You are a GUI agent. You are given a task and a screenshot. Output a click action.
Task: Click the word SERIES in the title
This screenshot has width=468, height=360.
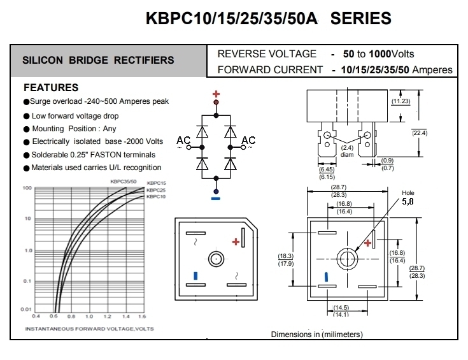360,19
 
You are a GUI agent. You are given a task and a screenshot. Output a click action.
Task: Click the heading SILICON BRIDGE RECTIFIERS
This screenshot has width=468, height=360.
98,61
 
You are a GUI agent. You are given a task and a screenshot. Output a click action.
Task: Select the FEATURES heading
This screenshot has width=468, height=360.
51,88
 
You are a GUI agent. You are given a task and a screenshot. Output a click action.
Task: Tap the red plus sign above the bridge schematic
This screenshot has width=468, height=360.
216,93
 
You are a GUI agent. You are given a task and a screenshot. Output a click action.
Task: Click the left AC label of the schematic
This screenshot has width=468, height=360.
183,141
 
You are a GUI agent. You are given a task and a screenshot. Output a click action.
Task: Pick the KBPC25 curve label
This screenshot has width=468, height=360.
156,191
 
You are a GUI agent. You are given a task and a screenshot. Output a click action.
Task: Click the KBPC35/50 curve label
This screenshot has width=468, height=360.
125,182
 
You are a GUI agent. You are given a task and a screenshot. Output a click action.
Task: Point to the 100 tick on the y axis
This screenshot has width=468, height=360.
27,189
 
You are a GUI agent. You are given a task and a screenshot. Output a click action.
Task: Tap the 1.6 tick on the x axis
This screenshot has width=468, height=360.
141,316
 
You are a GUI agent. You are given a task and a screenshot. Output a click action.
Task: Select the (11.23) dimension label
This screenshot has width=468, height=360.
401,101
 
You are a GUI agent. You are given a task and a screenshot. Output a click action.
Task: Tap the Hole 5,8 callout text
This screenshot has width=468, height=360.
408,197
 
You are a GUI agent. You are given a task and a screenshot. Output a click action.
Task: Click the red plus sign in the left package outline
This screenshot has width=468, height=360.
236,241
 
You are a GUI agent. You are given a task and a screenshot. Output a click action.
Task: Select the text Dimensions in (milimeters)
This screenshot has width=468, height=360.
316,334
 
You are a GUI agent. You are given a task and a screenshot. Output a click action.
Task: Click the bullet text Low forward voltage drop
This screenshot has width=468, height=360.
75,116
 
